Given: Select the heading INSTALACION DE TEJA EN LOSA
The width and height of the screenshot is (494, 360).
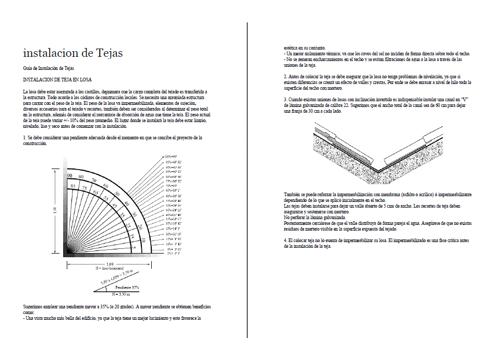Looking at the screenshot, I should point(57,80).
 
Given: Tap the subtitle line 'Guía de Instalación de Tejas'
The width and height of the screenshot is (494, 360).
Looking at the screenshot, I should point(49,68).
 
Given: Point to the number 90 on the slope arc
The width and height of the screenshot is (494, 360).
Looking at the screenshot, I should point(69,176).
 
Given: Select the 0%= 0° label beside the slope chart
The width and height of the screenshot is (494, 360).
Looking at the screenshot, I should point(173,253).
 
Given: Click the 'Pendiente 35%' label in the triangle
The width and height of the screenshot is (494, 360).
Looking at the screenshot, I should point(127,287).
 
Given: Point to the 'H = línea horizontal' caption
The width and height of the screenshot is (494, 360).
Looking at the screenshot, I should point(110,268).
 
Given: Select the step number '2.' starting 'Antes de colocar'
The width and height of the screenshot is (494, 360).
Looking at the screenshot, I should point(285,76).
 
